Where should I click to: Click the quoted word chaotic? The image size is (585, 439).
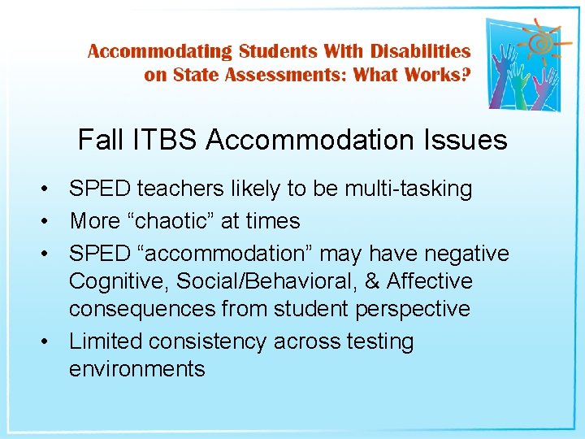coord(188,221)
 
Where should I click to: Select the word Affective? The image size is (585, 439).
coord(429,281)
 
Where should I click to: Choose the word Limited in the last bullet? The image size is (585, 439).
coord(110,341)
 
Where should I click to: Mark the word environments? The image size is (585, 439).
coord(136,369)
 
